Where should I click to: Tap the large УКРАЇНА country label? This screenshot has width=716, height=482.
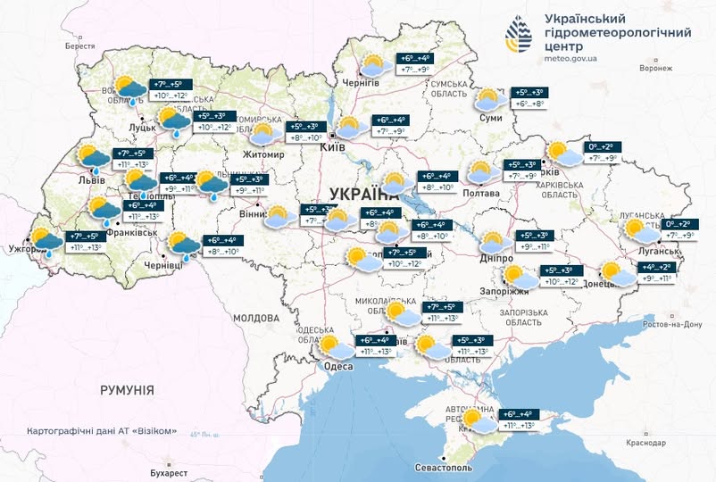click(x=365, y=195)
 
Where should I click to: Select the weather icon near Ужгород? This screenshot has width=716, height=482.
click(x=44, y=241)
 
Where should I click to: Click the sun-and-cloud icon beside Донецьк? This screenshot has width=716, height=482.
click(x=615, y=271)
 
